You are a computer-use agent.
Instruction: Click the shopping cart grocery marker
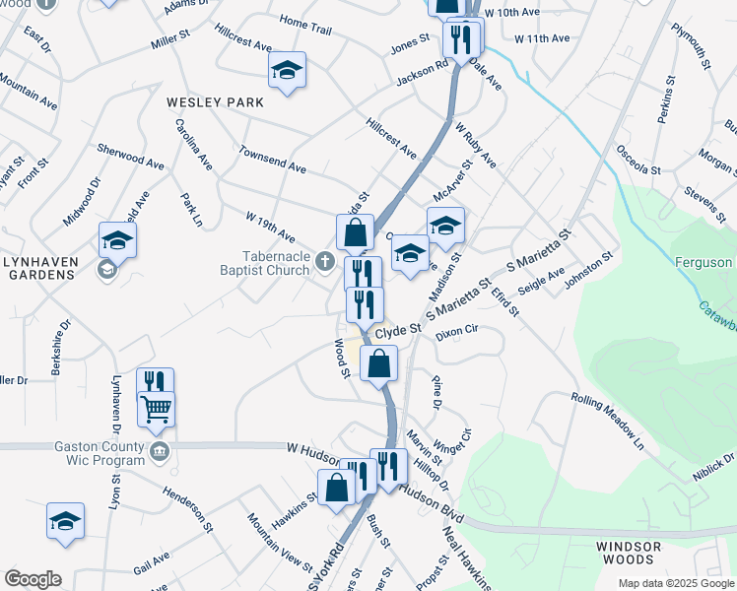[x=156, y=408]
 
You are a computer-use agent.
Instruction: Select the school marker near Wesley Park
[x=287, y=70]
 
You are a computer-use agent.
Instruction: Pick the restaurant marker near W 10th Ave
[x=463, y=37]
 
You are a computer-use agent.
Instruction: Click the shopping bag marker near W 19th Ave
[x=355, y=232]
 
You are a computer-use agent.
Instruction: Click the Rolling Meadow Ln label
[x=608, y=420]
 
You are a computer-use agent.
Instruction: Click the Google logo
[x=32, y=579]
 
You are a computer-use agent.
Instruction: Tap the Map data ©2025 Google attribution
[x=675, y=583]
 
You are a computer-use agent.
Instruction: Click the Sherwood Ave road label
[x=130, y=155]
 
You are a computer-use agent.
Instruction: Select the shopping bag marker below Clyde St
[x=378, y=362]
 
